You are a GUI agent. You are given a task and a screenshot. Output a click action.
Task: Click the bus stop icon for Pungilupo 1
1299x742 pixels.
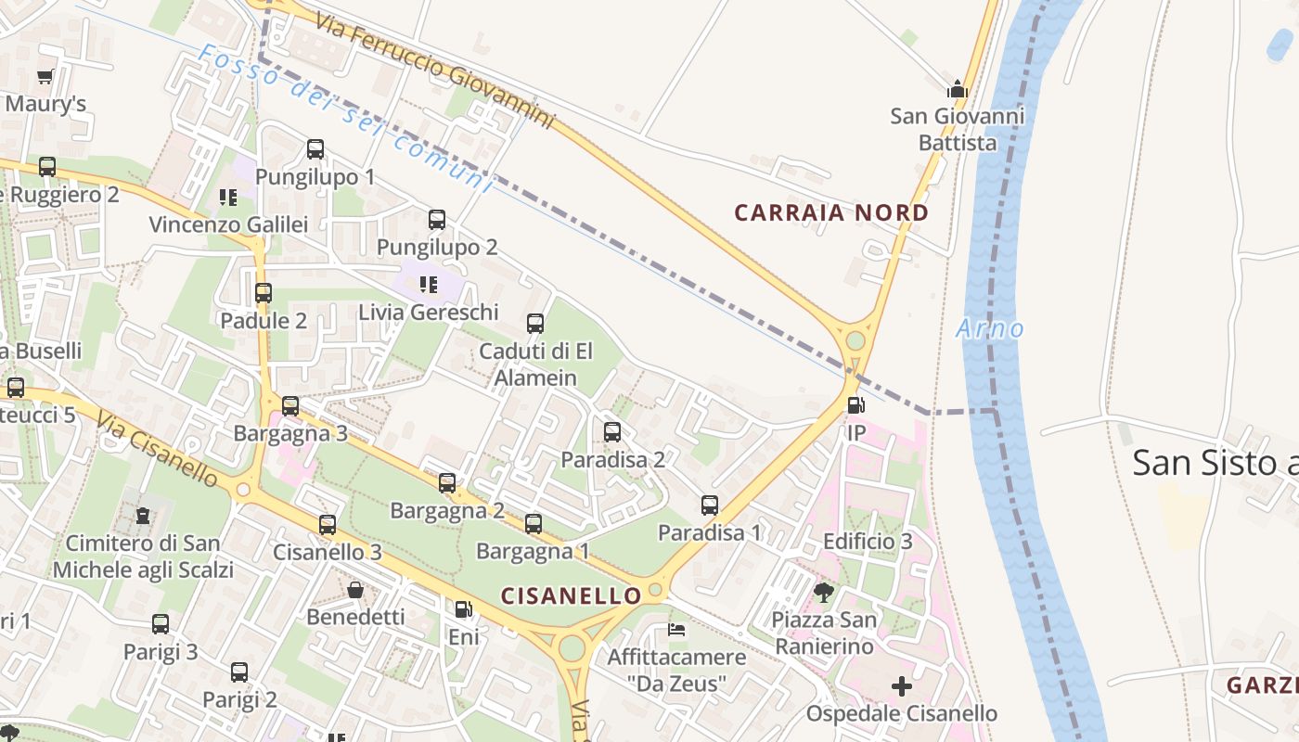pos(315,148)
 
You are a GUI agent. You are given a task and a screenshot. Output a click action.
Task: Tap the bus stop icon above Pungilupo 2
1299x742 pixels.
pos(437,220)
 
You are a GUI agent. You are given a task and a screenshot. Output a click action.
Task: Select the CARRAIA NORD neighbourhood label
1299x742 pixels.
pos(830,212)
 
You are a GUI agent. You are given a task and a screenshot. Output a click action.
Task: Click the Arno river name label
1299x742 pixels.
pos(990,328)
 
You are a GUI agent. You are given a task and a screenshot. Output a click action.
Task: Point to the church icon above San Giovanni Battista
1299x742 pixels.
pos(958,89)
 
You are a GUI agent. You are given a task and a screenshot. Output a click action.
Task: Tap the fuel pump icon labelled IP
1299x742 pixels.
pos(855,405)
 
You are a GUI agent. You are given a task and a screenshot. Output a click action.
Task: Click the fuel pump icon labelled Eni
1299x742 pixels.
pos(463,609)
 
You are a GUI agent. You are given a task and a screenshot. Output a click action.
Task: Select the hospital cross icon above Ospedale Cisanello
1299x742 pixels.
pos(901,686)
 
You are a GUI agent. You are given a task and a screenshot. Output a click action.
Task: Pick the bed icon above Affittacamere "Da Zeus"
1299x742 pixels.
pos(676,630)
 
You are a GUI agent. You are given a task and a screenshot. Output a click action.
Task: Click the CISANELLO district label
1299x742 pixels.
pos(571,595)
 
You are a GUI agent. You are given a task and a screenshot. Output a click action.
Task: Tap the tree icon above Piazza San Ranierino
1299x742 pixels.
pos(823,592)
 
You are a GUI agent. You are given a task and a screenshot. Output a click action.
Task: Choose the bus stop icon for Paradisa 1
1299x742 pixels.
pos(710,505)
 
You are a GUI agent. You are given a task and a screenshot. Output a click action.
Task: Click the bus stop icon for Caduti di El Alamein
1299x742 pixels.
pos(535,324)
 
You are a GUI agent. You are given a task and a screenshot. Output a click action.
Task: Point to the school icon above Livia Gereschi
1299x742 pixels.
pos(428,284)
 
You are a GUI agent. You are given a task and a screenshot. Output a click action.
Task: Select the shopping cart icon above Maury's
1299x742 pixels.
pos(45,76)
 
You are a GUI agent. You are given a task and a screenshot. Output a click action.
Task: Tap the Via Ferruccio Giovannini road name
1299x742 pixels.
pos(434,70)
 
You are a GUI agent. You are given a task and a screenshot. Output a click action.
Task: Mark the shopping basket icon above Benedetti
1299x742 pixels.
pos(355,590)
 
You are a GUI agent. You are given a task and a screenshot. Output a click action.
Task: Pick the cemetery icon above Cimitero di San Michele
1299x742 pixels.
pos(143,515)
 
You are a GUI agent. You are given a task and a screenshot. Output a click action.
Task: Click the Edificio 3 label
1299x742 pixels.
pos(868,541)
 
